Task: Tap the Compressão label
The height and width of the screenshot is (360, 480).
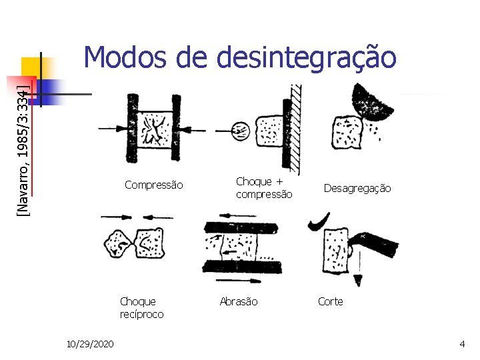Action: click(x=154, y=185)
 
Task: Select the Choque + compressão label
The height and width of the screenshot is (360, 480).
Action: click(x=264, y=187)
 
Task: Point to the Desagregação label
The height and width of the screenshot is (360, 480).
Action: click(x=357, y=189)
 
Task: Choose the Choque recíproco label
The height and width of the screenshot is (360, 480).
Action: click(x=141, y=307)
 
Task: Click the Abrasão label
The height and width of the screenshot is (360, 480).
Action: click(x=239, y=301)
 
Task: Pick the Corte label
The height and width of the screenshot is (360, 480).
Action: click(x=331, y=301)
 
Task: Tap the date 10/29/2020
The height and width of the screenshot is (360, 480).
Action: click(x=90, y=343)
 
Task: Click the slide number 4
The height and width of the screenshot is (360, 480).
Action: click(x=462, y=343)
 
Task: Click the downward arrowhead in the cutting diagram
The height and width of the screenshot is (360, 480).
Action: click(x=359, y=278)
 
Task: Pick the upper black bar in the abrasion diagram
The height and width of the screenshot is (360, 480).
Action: click(x=243, y=227)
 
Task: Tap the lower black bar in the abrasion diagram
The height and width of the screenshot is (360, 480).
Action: click(x=243, y=266)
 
